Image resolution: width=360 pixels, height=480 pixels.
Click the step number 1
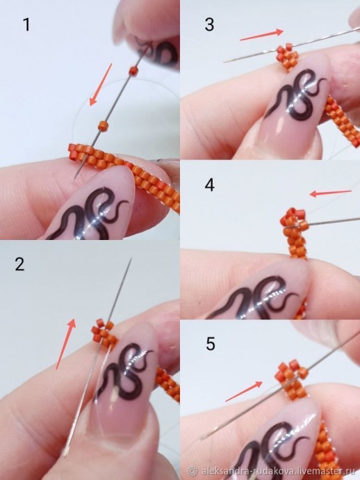[x=27, y=25]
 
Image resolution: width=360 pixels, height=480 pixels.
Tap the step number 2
[x=20, y=264]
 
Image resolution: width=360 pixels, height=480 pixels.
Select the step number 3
[x=209, y=24]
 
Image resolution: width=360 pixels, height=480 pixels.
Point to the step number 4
[x=209, y=185]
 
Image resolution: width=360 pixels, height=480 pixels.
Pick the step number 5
[x=210, y=344]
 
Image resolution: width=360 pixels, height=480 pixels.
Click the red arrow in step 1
[x=101, y=84]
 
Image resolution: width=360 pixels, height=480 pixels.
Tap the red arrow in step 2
[x=66, y=344]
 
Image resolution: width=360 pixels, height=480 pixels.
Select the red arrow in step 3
[x=262, y=35]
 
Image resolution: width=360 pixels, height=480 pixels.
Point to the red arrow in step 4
[x=330, y=193]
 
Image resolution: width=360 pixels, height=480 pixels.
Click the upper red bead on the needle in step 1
[x=133, y=70]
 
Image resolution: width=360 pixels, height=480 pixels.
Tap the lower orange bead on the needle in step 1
[x=103, y=125]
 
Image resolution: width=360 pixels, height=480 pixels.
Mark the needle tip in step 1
[x=75, y=179]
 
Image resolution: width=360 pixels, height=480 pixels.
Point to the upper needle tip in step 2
[x=131, y=258]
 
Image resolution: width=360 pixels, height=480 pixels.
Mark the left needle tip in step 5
[x=202, y=439]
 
